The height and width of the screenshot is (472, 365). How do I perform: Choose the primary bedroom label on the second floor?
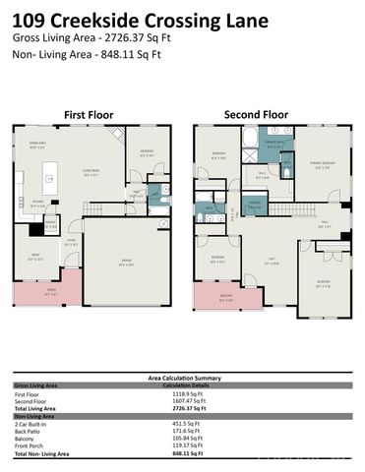point(322,163)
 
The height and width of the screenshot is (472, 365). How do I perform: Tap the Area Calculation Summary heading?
point(182,377)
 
